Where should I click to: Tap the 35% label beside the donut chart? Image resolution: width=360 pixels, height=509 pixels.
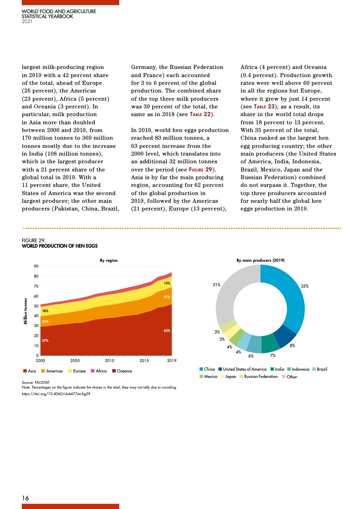tap(305, 286)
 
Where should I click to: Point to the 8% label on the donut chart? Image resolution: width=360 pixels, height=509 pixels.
tap(293, 346)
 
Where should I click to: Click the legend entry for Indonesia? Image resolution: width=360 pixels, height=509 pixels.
tap(297, 370)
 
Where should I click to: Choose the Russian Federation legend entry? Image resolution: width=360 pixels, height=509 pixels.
tap(258, 377)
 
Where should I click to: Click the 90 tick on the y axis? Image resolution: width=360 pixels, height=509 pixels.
tap(35, 266)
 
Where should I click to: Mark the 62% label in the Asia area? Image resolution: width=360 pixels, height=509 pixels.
tap(167, 331)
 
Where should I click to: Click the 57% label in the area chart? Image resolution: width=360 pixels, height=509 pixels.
tap(45, 340)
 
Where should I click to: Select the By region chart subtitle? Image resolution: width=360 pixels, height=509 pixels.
tap(108, 260)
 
